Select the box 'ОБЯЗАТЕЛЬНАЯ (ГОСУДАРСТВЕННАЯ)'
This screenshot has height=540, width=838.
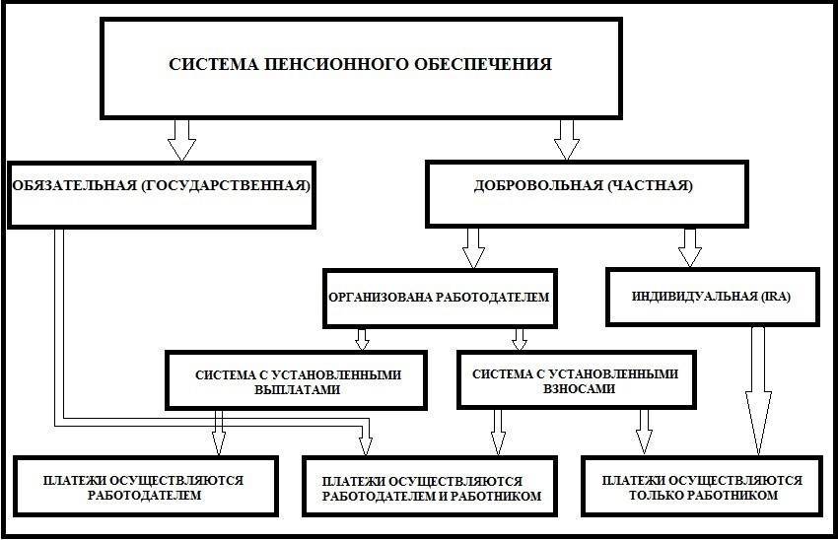coord(160,185)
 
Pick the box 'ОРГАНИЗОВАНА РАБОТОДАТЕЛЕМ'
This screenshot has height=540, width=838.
coord(439,297)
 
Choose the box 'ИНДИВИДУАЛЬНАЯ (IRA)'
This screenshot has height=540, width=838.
coord(712,296)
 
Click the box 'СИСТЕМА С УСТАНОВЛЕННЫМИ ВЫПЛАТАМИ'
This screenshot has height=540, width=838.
coord(297,380)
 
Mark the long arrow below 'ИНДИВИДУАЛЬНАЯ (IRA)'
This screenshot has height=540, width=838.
coord(757,389)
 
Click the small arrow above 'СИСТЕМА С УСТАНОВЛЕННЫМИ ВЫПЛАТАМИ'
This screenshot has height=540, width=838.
coord(362,338)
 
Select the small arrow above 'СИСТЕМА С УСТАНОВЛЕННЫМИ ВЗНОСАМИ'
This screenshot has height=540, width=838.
coord(520,338)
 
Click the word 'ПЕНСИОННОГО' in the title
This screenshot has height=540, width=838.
coord(324,65)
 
